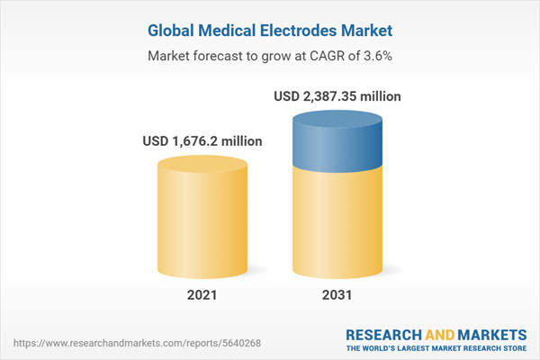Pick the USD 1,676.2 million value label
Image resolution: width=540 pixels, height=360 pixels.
(202, 140)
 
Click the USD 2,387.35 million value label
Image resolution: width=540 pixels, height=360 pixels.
(337, 95)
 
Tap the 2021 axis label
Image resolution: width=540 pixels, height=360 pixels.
(202, 294)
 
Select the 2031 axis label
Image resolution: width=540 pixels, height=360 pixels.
(336, 294)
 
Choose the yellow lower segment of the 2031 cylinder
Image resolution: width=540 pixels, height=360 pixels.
(336, 225)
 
